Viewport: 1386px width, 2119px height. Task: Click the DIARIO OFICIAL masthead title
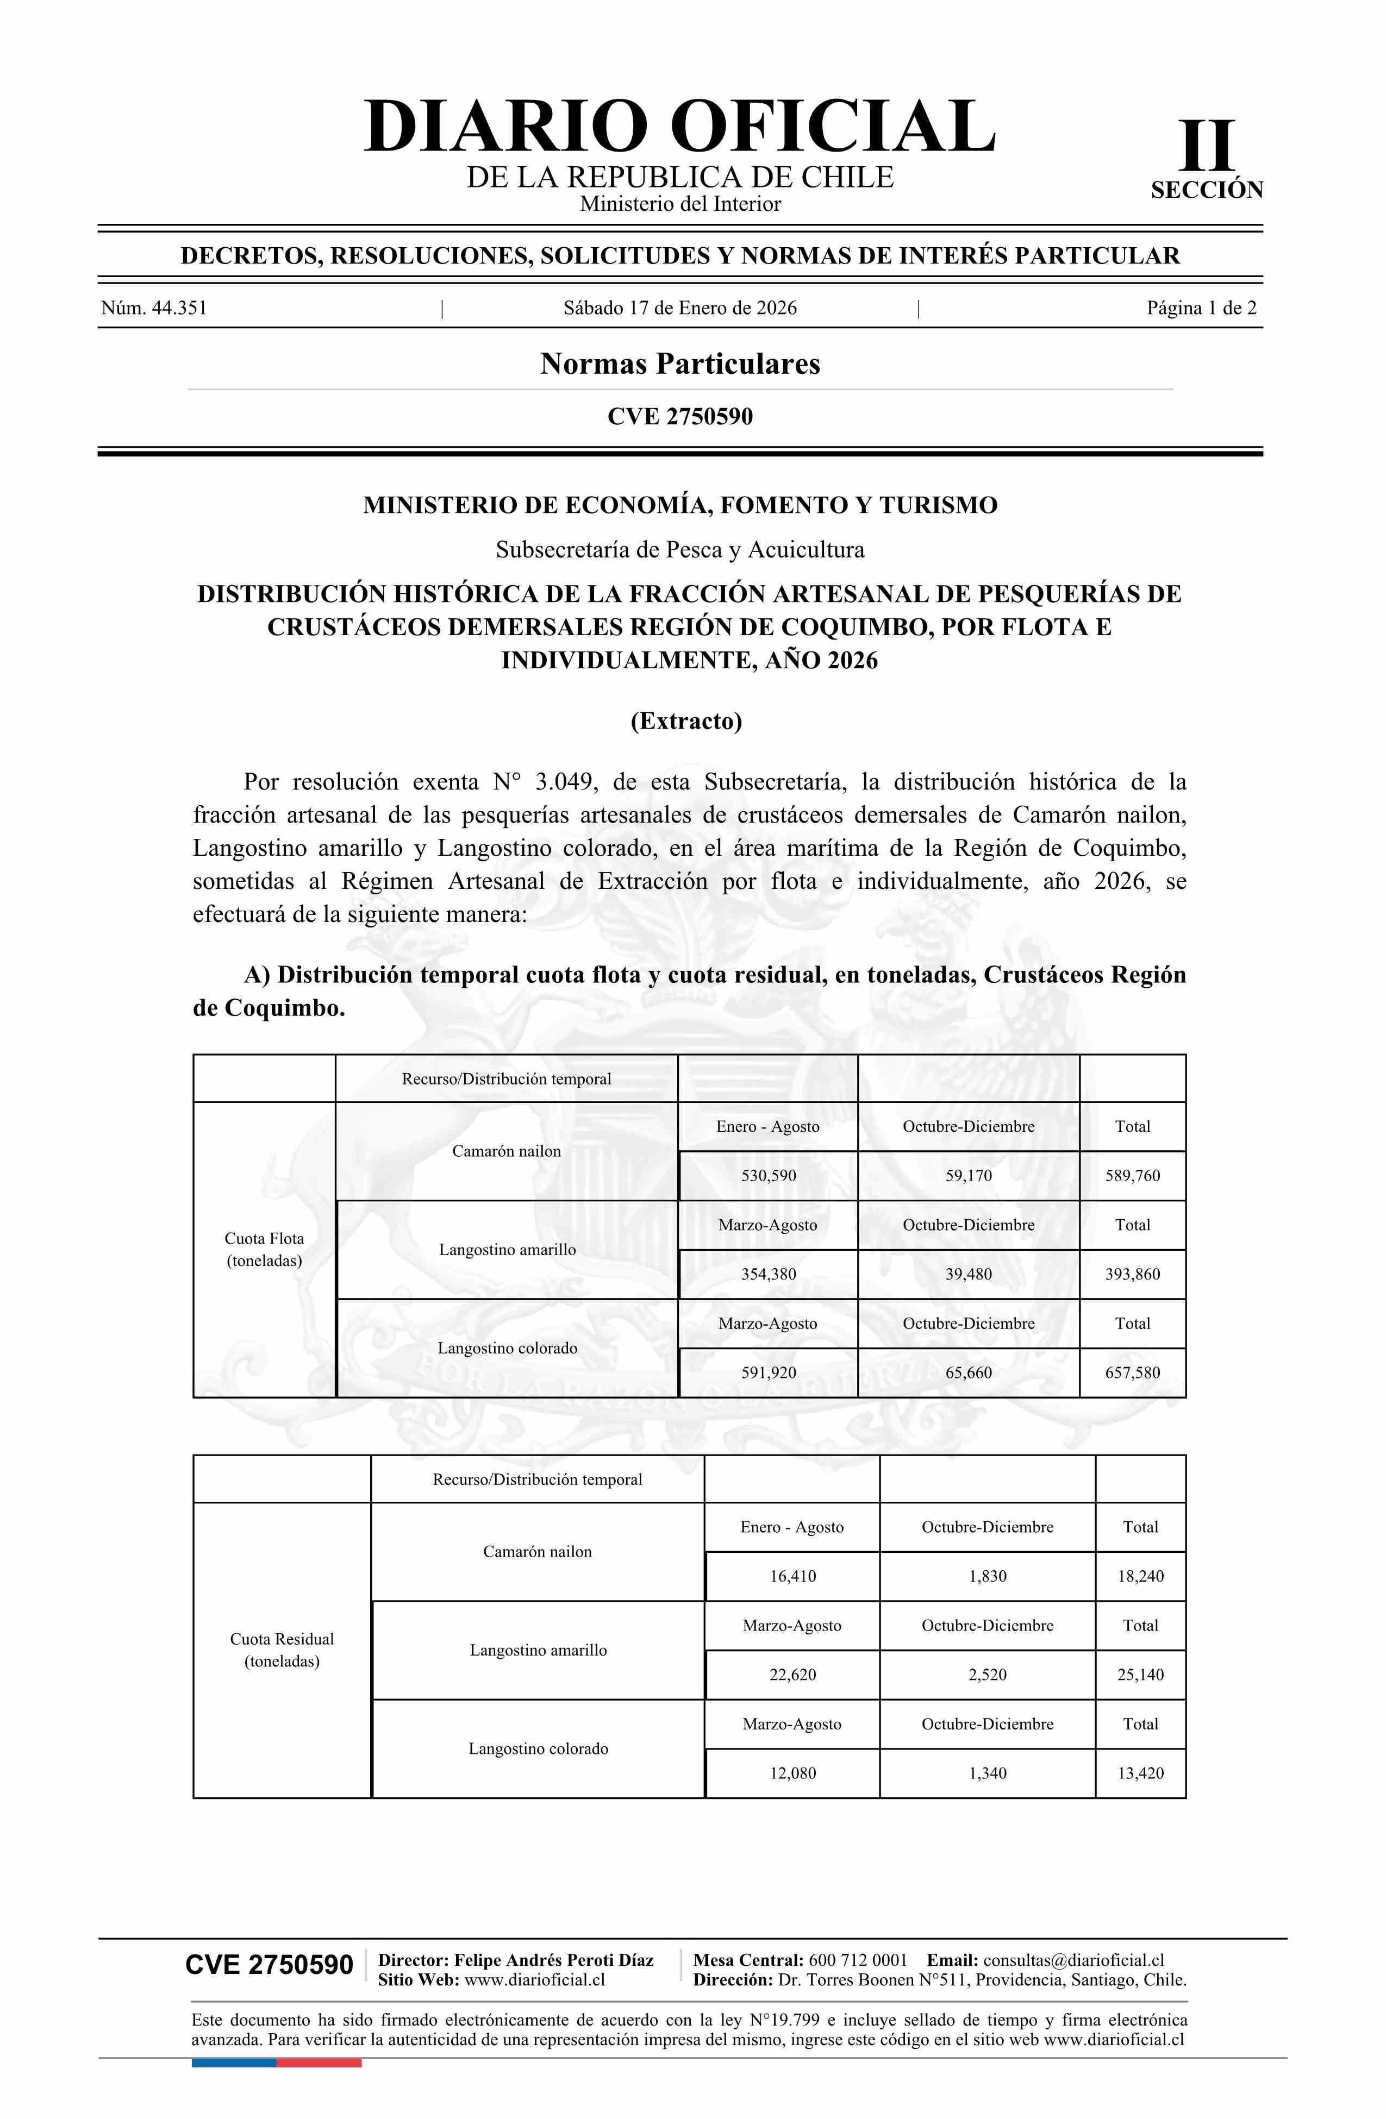tap(679, 127)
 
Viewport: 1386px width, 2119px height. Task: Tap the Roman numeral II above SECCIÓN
tap(1207, 145)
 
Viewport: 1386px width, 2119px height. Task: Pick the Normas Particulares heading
tap(679, 364)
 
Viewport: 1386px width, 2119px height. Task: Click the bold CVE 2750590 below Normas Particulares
tap(679, 417)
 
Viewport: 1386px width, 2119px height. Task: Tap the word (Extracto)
tap(686, 720)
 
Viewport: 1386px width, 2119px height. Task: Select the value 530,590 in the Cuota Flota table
tap(769, 1175)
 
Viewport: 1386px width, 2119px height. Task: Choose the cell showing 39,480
tap(968, 1274)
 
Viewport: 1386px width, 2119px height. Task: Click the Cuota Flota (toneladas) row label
tap(265, 1249)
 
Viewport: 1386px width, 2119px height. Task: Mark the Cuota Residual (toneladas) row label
tap(282, 1650)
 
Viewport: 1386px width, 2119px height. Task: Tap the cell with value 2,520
tap(987, 1675)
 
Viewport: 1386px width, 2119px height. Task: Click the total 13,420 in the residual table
tap(1140, 1773)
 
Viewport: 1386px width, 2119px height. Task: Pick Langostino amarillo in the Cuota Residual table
tap(538, 1650)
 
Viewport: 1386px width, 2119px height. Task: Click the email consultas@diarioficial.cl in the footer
tap(1073, 1960)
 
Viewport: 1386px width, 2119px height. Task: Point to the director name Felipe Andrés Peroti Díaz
tap(553, 1960)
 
